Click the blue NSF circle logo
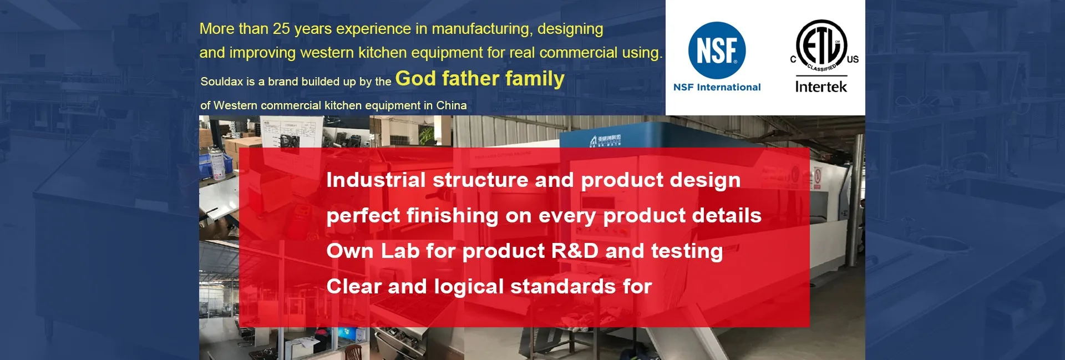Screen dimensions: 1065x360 click(717, 50)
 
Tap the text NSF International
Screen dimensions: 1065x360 click(717, 87)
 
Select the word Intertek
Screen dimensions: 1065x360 click(821, 87)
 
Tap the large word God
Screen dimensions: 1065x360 click(415, 79)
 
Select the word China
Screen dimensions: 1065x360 click(452, 105)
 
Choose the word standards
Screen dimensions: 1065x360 click(563, 287)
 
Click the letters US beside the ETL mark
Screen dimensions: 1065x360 click(853, 59)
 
